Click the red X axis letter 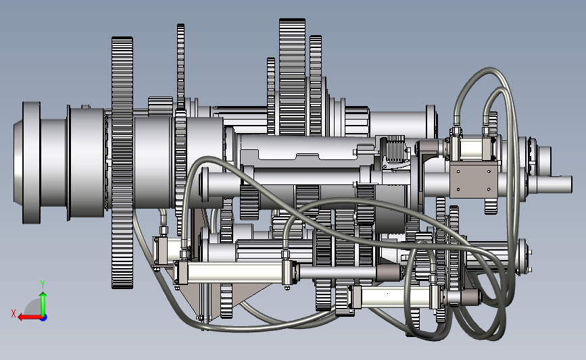14,313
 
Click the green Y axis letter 43,284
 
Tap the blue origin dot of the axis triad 43,317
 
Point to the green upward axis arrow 43,303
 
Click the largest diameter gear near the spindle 122,163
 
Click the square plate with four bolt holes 474,179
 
